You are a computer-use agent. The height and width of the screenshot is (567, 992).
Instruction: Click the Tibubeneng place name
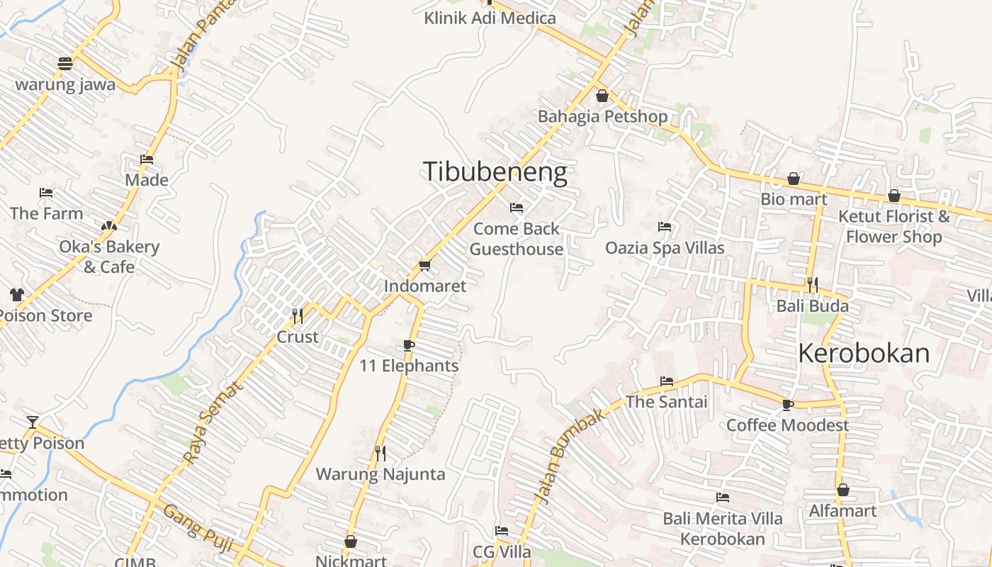click(495, 172)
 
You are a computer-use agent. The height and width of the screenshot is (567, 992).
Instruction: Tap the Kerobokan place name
click(864, 353)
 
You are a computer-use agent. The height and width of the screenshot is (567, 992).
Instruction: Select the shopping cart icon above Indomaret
click(424, 265)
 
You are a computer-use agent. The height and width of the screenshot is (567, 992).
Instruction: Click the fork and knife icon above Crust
click(298, 315)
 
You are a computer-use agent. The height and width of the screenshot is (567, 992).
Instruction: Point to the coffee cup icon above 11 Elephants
click(408, 345)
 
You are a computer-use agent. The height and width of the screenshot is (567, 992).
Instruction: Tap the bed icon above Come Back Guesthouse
click(517, 208)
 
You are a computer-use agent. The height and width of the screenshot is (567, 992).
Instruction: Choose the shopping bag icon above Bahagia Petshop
click(602, 95)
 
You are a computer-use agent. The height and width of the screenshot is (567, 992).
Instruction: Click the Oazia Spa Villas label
click(665, 247)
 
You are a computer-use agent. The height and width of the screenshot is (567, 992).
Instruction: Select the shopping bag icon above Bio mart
click(794, 179)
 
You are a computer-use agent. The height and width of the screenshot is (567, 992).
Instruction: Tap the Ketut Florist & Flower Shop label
click(894, 226)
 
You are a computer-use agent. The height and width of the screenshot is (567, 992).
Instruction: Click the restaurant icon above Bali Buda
click(812, 285)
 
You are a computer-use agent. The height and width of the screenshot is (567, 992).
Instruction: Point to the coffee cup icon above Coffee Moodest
click(787, 405)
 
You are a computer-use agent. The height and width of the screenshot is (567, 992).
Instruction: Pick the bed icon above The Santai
click(667, 381)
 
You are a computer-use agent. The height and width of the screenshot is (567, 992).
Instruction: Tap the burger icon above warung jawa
click(65, 64)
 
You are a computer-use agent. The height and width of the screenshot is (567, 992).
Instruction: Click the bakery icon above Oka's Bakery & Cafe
click(108, 226)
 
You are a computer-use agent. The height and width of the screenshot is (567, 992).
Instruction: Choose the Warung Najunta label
click(381, 474)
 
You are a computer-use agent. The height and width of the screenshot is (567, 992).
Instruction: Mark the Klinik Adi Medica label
click(490, 18)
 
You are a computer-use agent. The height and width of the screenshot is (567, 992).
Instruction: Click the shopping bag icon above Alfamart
click(843, 490)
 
